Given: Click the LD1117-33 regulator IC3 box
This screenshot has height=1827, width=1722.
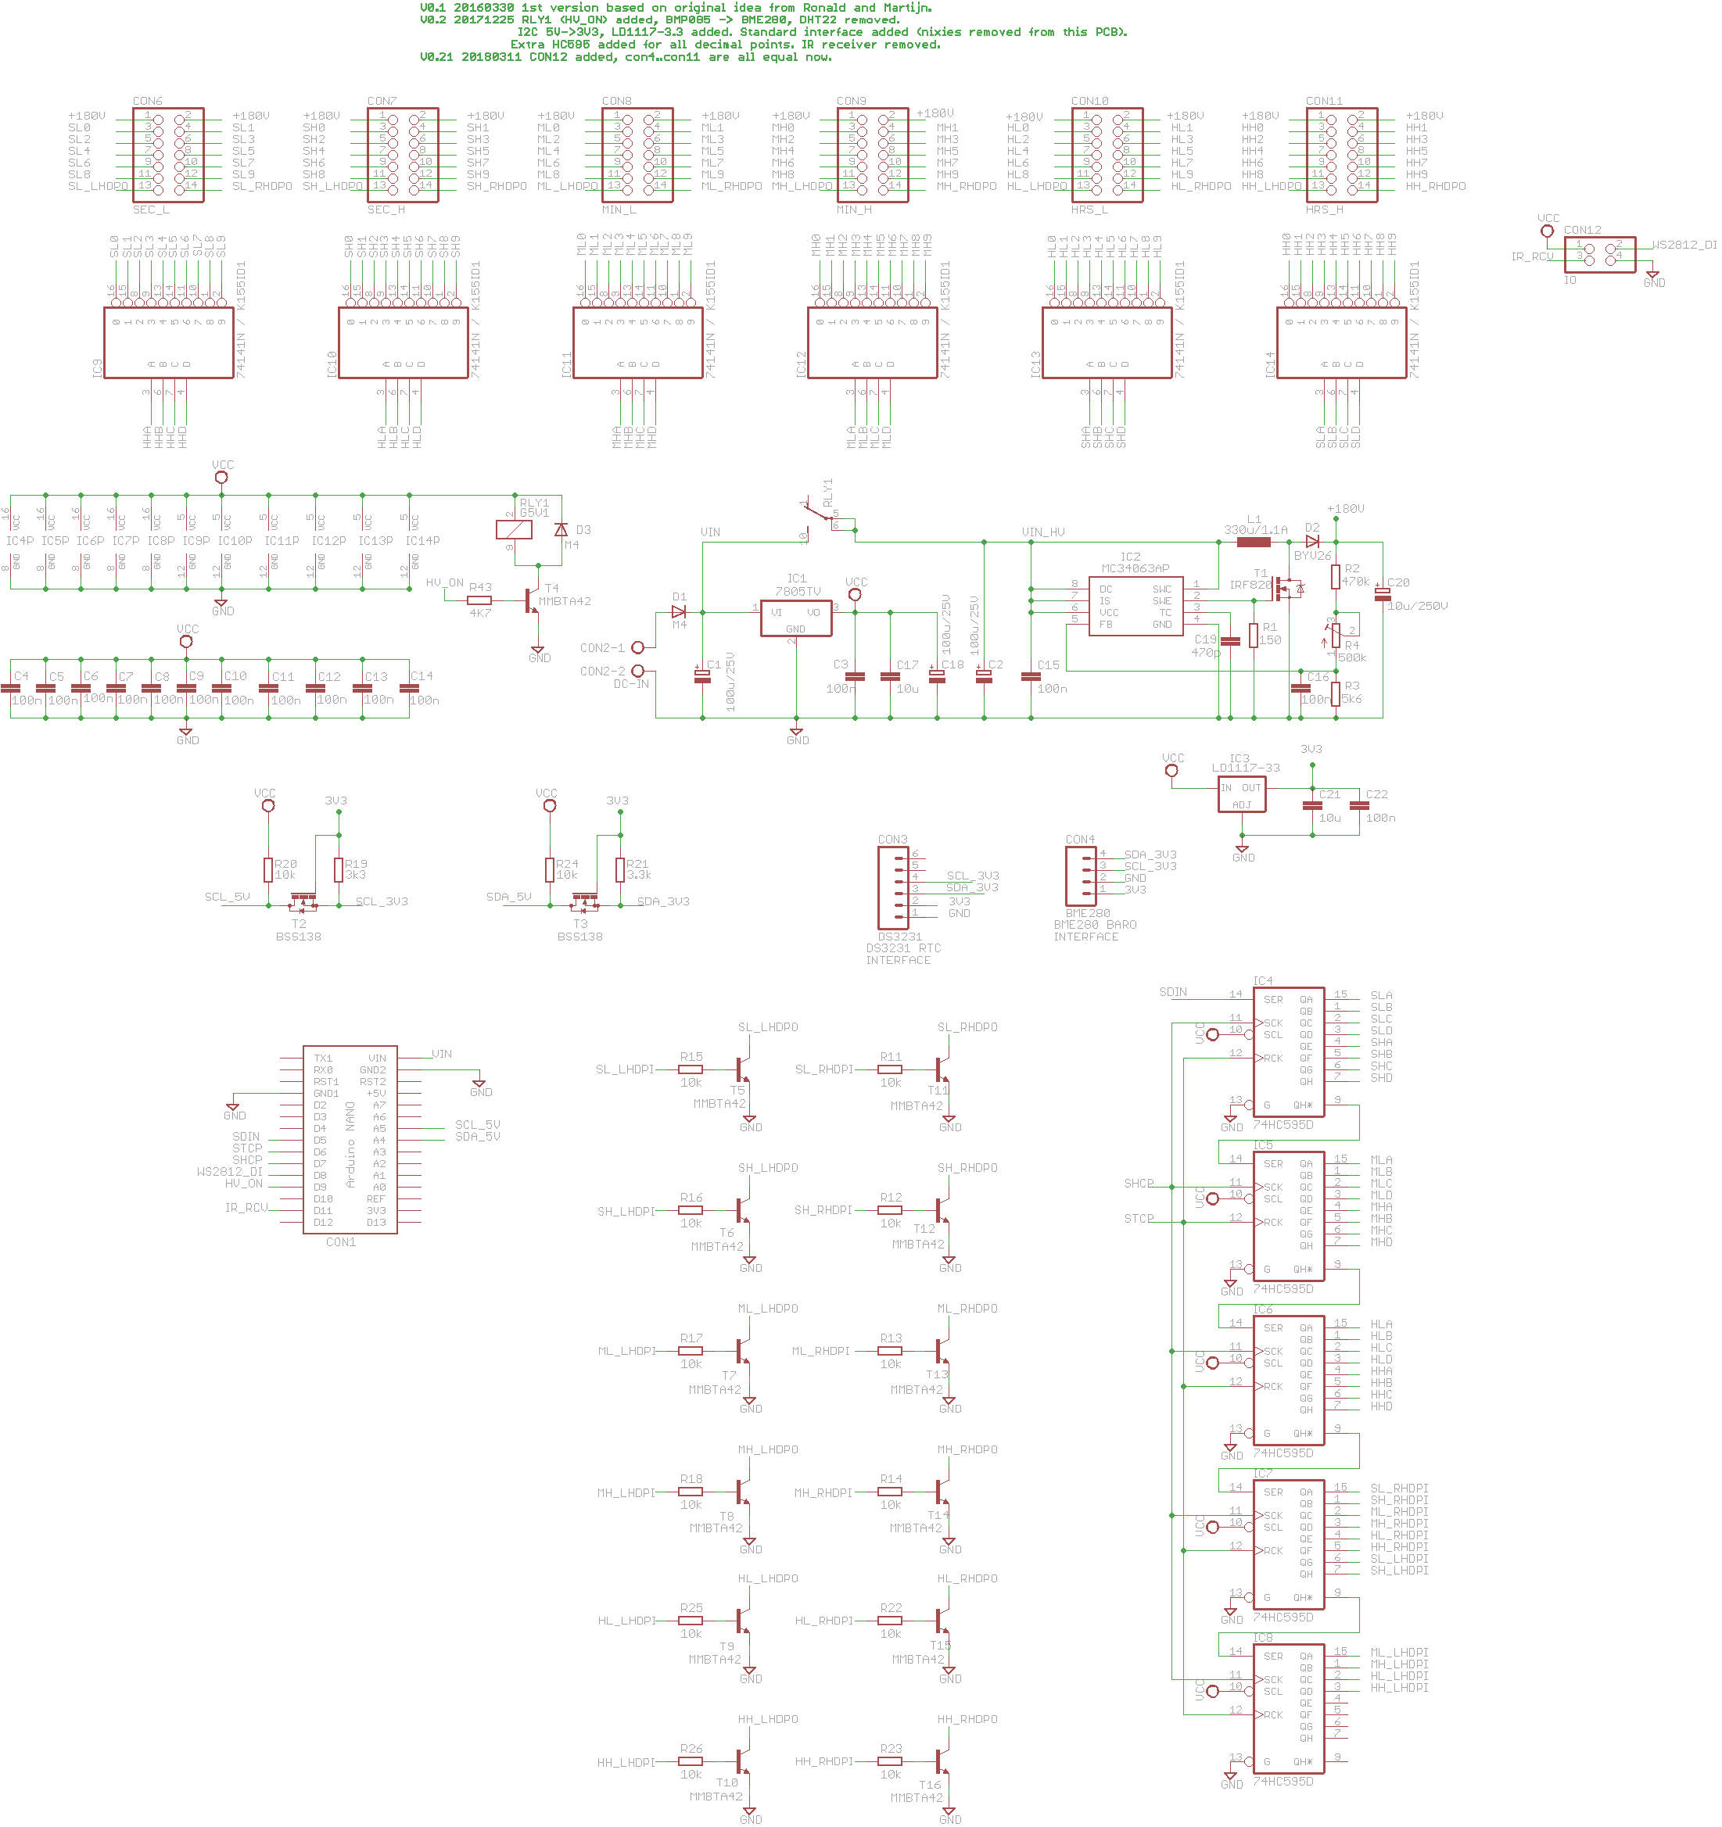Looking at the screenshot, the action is [1240, 795].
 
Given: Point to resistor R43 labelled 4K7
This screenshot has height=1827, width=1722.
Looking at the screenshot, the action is [479, 600].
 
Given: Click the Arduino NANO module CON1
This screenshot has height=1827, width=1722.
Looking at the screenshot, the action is [350, 1139].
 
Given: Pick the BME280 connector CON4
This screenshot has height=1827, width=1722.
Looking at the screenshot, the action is [1080, 875].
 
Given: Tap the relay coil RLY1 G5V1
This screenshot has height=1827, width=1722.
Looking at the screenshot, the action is [513, 529].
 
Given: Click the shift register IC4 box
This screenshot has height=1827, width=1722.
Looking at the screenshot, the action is [1288, 1051].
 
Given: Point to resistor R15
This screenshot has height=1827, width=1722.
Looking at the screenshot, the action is [691, 1069].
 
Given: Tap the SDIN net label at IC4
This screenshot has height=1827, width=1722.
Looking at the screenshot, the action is [1172, 991].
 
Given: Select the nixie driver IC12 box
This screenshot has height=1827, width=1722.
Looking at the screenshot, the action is [873, 342].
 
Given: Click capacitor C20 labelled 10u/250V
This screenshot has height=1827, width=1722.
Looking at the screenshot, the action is [1382, 593].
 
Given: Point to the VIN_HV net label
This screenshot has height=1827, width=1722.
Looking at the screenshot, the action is [1042, 532].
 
